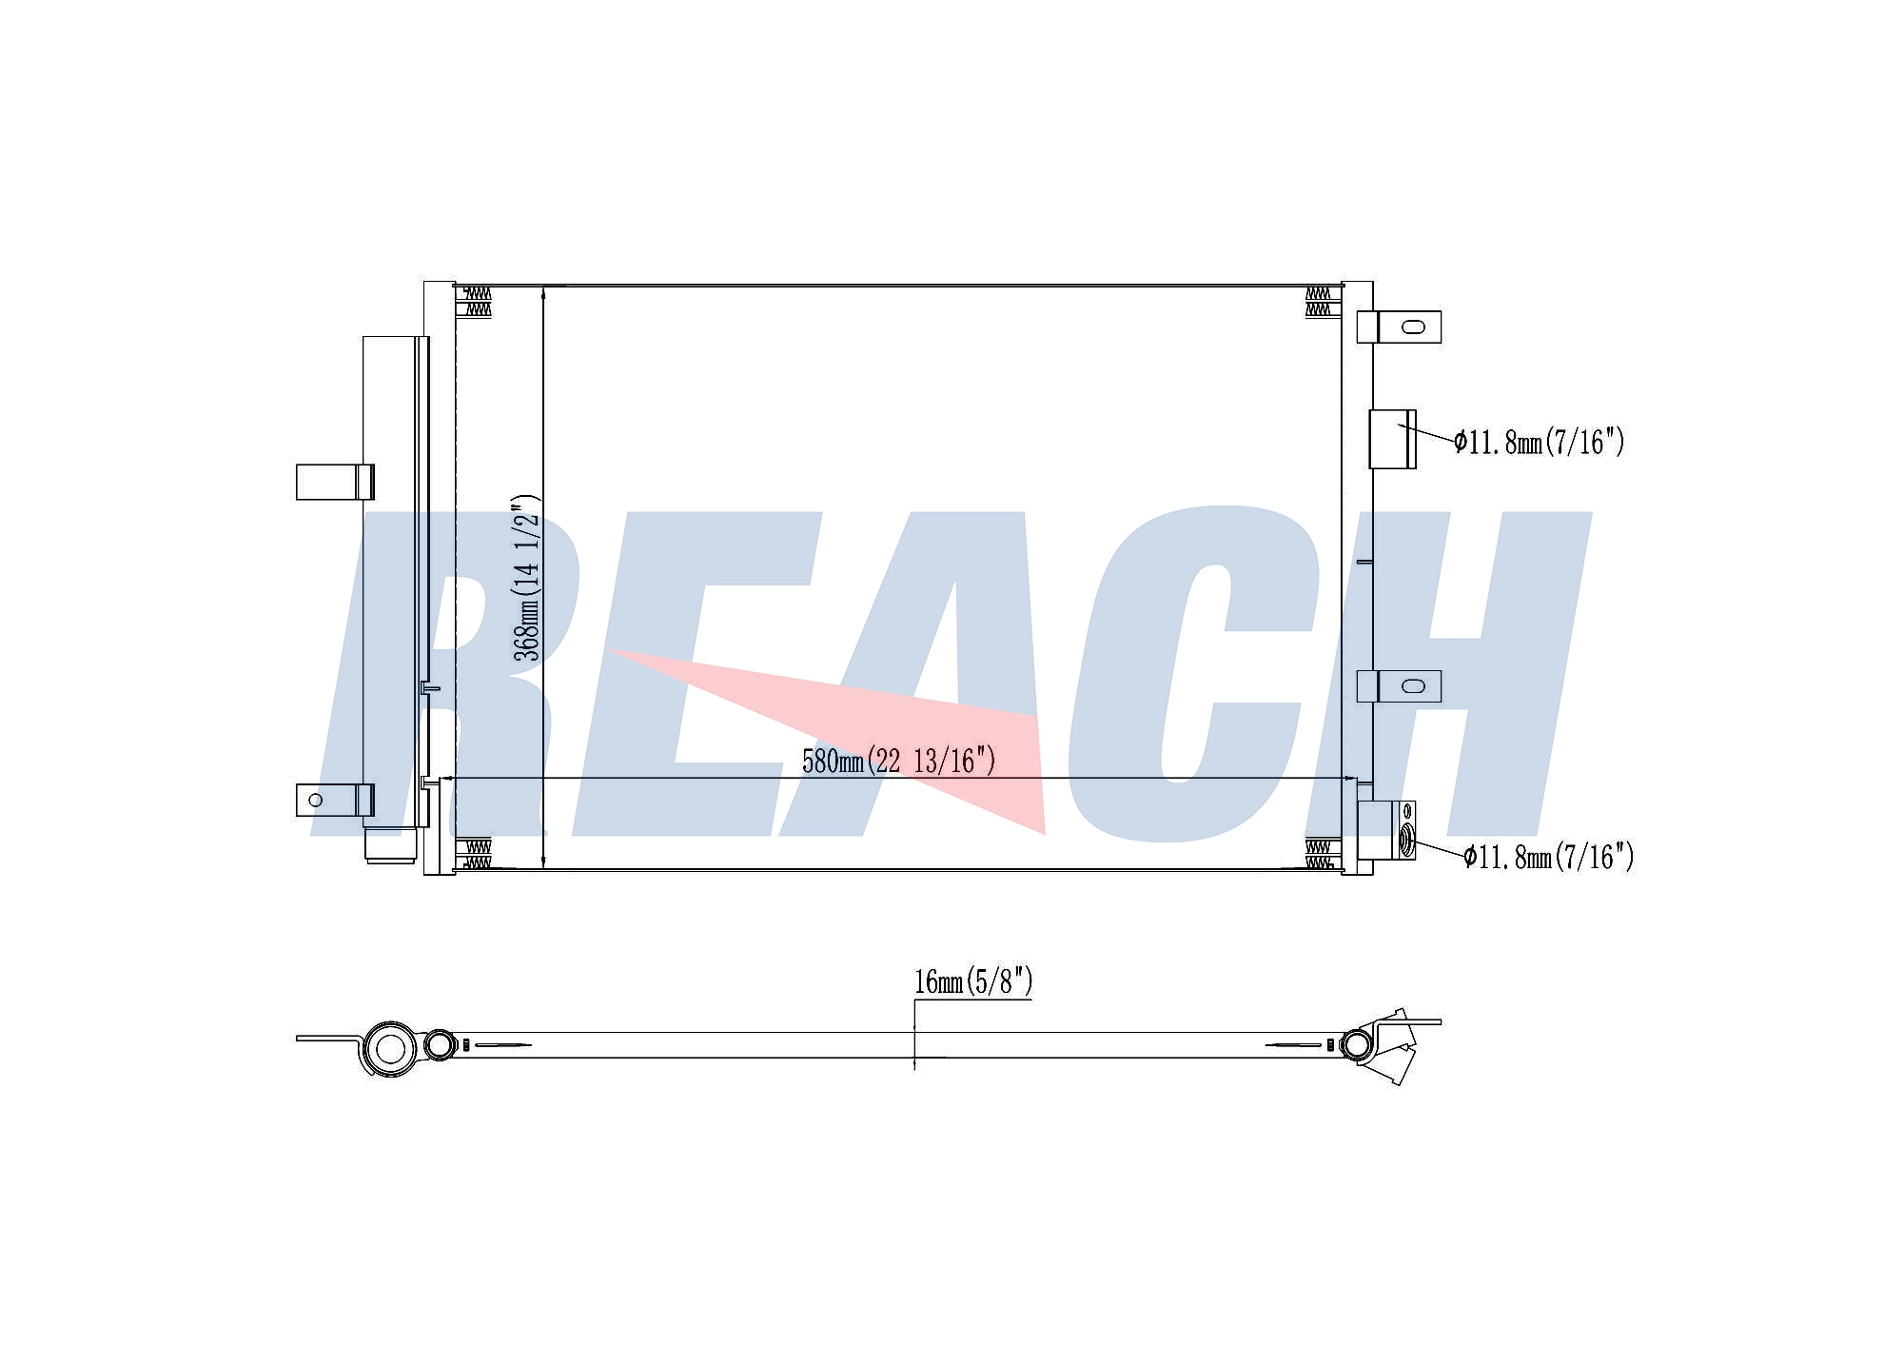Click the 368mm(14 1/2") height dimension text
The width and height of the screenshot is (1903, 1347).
point(526,578)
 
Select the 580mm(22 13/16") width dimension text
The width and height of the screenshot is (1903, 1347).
point(899,761)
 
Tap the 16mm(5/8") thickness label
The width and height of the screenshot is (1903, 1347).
point(973,981)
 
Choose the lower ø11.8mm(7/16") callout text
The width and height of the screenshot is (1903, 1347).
point(1549,857)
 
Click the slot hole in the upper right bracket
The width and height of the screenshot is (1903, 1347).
point(1414,327)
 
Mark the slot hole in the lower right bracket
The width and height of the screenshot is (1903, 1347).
point(1414,685)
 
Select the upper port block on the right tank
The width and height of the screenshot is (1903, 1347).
point(1392,439)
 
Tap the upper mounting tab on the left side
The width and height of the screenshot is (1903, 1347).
point(335,482)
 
